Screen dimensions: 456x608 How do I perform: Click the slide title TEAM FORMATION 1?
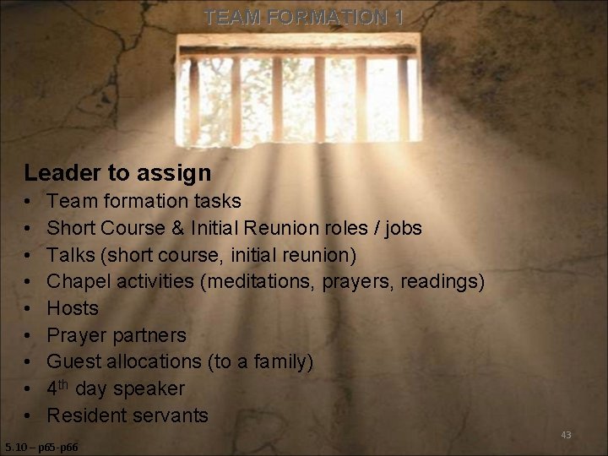[303, 17]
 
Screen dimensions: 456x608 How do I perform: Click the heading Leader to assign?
[117, 173]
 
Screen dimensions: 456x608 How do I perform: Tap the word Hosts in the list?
[73, 308]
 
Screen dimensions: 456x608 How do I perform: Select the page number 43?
[566, 435]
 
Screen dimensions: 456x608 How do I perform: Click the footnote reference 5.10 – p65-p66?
[41, 447]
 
